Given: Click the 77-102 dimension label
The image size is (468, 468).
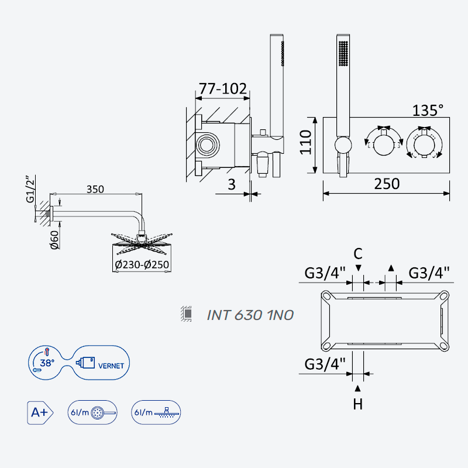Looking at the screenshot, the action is tap(223, 89).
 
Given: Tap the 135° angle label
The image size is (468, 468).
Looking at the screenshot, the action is tap(428, 110).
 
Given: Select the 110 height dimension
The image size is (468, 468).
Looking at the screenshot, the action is tap(305, 142).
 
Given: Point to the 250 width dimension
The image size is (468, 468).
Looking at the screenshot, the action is tap(387, 184).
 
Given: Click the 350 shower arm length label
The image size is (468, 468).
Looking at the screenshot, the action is tap(95, 189).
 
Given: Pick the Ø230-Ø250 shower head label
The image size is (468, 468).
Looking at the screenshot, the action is tap(142, 264).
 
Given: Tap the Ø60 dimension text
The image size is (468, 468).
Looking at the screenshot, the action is tap(54, 240).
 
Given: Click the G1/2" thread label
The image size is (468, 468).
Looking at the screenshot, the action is tap(30, 190).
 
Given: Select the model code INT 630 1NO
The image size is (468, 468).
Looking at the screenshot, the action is tap(250, 315).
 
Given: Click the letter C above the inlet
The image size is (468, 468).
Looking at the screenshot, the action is tap(358, 254).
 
